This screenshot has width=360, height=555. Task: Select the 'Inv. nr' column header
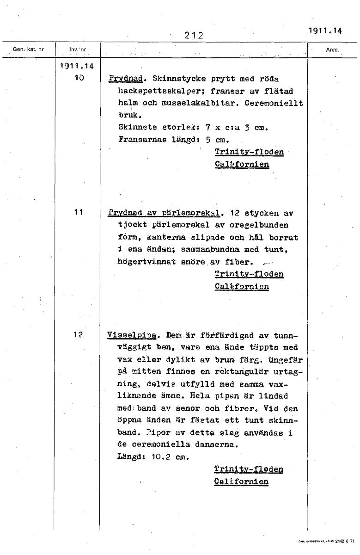[77, 49]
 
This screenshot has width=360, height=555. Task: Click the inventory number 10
[78, 78]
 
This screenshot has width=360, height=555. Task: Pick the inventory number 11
[78, 212]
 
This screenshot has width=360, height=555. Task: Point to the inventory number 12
[78, 334]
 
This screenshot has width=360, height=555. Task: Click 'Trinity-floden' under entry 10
[249, 152]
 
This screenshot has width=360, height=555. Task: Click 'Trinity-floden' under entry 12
[249, 469]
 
